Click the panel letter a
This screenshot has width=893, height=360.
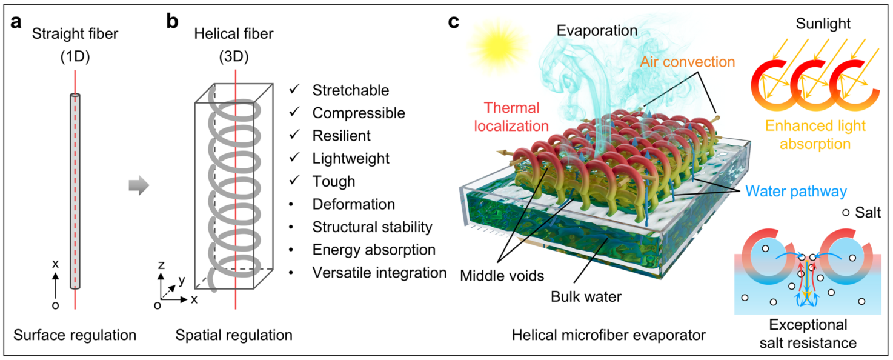(16, 22)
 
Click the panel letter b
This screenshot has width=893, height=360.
(172, 21)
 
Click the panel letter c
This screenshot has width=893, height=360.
(453, 22)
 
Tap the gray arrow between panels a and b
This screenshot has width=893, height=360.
(139, 185)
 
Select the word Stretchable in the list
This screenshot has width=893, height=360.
(350, 90)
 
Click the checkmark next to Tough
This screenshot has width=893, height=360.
(294, 180)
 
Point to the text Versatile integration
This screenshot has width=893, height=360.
(379, 273)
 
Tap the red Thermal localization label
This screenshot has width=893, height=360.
(511, 117)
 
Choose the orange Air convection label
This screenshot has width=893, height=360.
(688, 62)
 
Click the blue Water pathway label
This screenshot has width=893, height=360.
(795, 192)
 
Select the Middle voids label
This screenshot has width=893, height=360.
(502, 276)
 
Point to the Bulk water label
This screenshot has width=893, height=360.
(586, 296)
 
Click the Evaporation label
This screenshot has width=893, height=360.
(597, 31)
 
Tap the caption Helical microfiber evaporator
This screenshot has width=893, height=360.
(608, 335)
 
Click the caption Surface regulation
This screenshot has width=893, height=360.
(75, 335)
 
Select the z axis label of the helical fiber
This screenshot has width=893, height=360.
(161, 265)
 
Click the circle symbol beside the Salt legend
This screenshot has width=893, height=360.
(846, 213)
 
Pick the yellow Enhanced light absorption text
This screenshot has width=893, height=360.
(815, 135)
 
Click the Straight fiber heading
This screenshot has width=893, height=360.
(75, 34)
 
